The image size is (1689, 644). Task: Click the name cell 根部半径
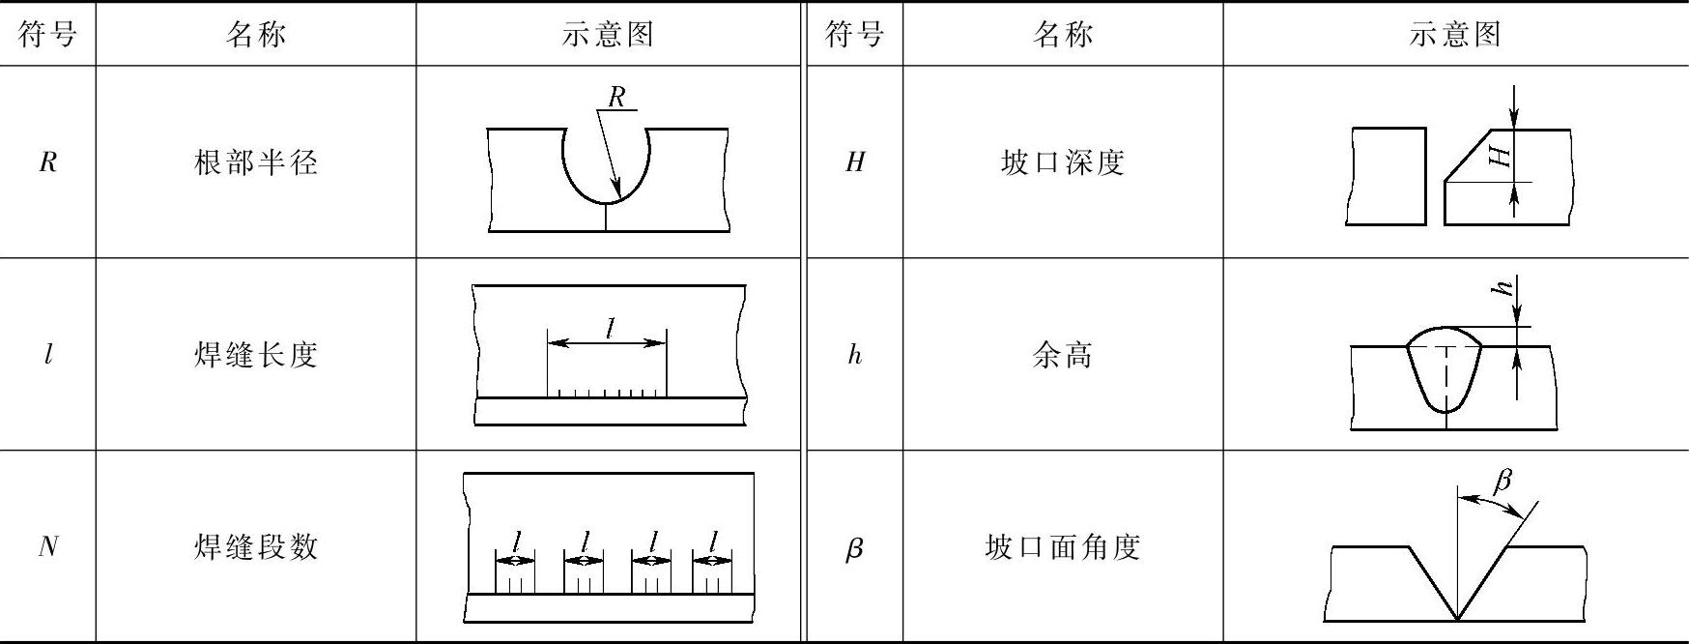click(x=256, y=162)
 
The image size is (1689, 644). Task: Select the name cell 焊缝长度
click(x=256, y=355)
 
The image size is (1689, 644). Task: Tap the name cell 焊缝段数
click(x=256, y=547)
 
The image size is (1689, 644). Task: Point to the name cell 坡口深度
click(x=1063, y=162)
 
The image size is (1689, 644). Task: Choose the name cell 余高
click(x=1063, y=355)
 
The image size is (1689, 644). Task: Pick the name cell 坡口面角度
click(x=1063, y=547)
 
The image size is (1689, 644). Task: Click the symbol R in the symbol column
click(x=47, y=162)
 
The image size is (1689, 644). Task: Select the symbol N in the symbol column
click(x=47, y=547)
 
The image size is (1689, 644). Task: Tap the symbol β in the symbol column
click(x=854, y=549)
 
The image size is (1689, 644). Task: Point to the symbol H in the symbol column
click(x=854, y=162)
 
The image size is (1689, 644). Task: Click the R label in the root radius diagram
click(x=616, y=97)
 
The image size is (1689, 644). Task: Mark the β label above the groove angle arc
click(x=1503, y=481)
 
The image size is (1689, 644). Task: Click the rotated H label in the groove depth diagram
click(x=1501, y=156)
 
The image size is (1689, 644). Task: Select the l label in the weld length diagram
click(x=610, y=329)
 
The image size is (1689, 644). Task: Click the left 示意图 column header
click(x=608, y=35)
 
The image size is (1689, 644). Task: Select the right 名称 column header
click(x=1063, y=35)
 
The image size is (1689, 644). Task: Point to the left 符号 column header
click(x=47, y=35)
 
